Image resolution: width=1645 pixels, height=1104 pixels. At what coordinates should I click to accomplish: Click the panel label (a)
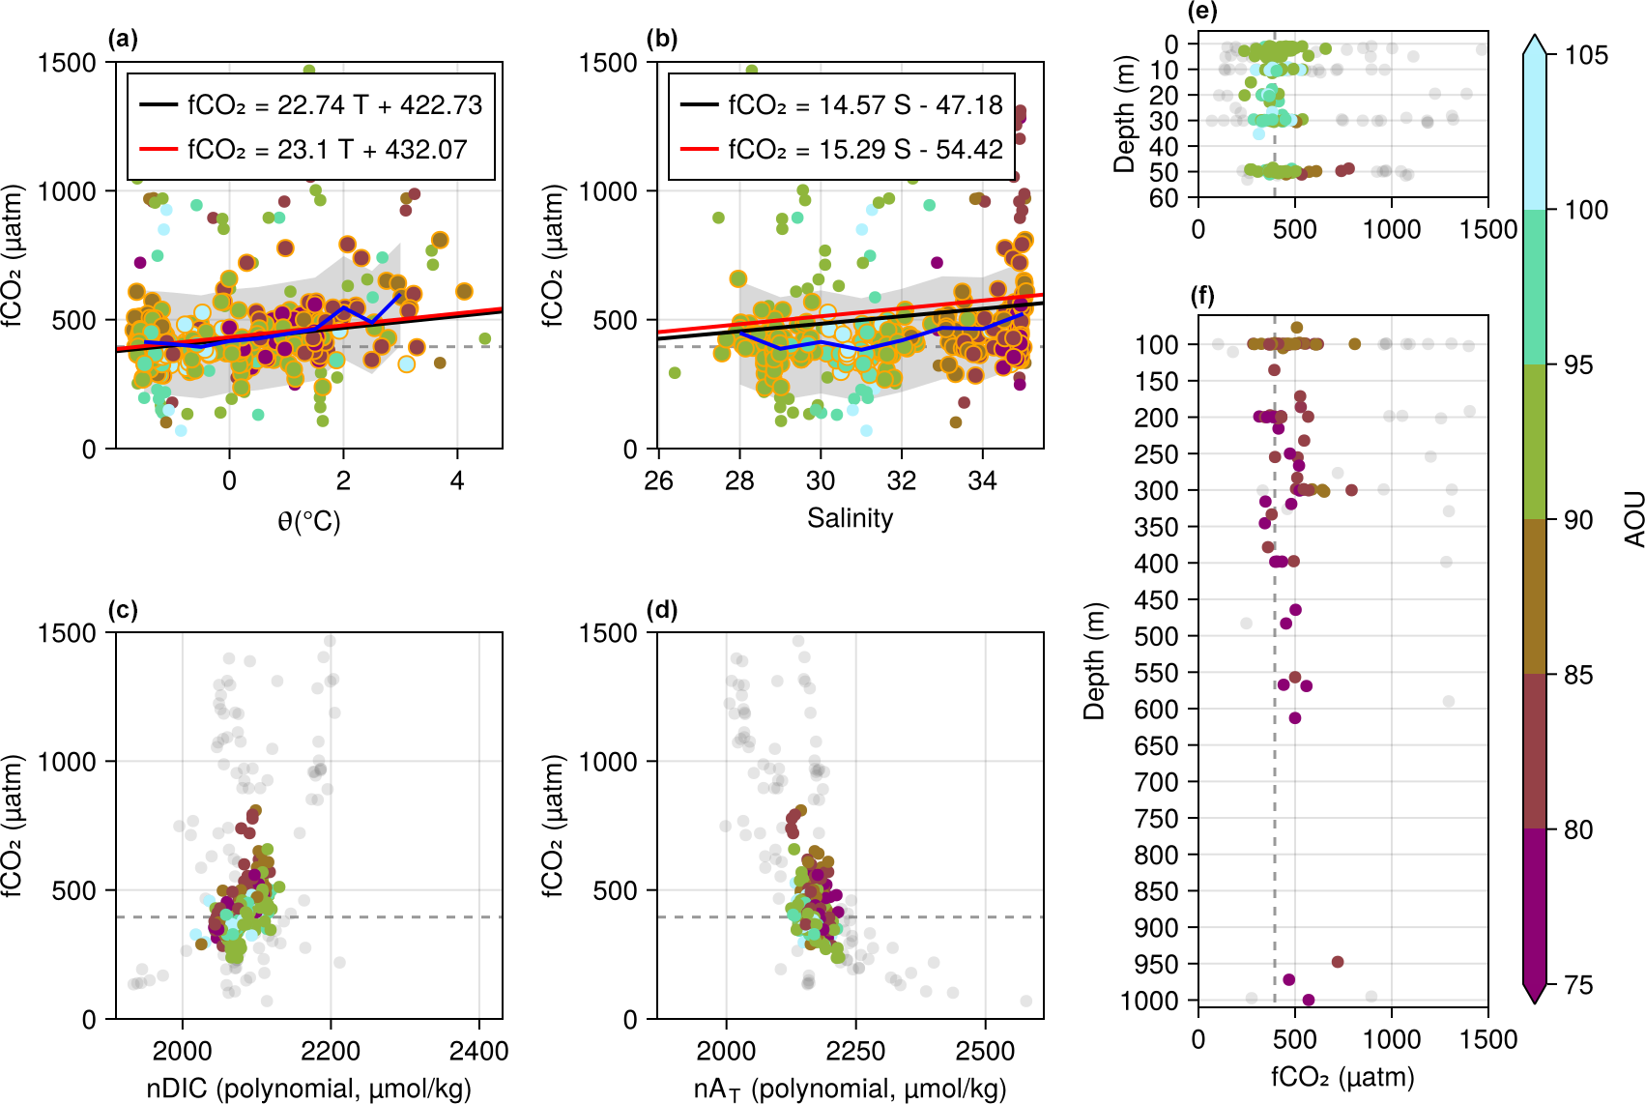pos(123,39)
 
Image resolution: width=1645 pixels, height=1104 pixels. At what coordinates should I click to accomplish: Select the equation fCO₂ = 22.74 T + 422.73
pos(334,104)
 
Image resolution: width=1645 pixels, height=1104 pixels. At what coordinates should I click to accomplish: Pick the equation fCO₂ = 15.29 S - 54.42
pos(866,149)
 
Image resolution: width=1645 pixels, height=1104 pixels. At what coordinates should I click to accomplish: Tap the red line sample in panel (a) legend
pos(159,149)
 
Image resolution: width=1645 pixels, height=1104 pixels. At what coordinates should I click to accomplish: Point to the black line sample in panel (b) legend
pos(699,104)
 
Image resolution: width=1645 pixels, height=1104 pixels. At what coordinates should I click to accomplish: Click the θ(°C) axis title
pos(309,521)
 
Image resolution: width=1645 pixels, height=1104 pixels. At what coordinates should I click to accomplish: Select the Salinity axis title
pos(850,518)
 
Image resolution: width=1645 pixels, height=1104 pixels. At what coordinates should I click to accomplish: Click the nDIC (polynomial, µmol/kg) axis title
pos(309,1089)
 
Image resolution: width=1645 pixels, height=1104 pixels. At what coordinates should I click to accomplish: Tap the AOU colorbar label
pos(1633,518)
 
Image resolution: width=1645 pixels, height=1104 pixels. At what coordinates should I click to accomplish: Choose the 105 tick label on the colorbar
pos(1586,55)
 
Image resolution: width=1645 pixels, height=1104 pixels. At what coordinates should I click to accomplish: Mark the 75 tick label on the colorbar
pos(1578,985)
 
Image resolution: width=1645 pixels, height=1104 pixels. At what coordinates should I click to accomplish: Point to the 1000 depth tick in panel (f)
pos(1150,1001)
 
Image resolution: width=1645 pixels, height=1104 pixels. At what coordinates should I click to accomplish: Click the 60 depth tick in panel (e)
pos(1165,197)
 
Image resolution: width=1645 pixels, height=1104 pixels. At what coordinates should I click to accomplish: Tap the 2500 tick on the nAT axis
pos(985,1051)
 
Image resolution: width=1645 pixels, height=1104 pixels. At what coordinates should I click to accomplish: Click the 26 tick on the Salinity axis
pos(658,480)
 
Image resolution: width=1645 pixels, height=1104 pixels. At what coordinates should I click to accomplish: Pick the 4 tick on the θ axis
pos(457,480)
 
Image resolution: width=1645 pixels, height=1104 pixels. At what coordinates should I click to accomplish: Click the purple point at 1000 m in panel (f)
pos(1308,1000)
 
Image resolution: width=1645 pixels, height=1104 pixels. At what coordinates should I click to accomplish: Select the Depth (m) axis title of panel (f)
pos(1094,662)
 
